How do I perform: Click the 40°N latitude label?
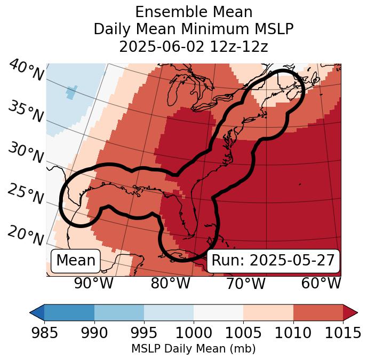pyautogui.click(x=26, y=71)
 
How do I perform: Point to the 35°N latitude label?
pyautogui.click(x=26, y=111)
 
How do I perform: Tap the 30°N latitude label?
pyautogui.click(x=26, y=153)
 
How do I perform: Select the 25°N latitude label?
pyautogui.click(x=26, y=194)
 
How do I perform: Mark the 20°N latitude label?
pyautogui.click(x=26, y=235)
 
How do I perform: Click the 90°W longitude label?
pyautogui.click(x=93, y=284)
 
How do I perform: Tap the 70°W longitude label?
pyautogui.click(x=246, y=284)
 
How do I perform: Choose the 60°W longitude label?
pyautogui.click(x=321, y=284)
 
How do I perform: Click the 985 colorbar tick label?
pyautogui.click(x=44, y=333)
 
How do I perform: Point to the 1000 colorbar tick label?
pyautogui.click(x=194, y=333)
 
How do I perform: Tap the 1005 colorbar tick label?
pyautogui.click(x=243, y=333)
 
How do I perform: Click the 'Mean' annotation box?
pyautogui.click(x=76, y=261)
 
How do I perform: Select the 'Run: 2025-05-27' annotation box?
pyautogui.click(x=273, y=261)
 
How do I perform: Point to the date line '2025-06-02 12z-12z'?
pyautogui.click(x=194, y=46)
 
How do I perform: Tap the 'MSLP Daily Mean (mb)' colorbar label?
pyautogui.click(x=194, y=349)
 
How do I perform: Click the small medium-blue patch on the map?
pyautogui.click(x=71, y=92)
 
